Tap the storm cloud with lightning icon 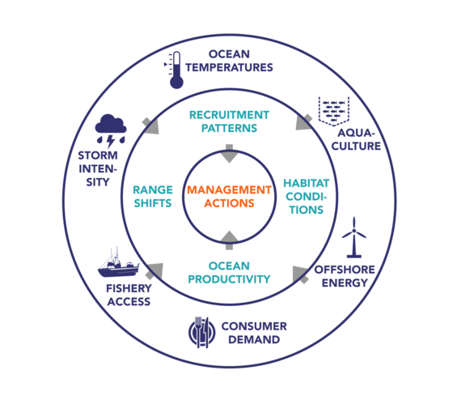(x=111, y=130)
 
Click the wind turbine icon (x=354, y=237)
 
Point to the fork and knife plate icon (x=202, y=332)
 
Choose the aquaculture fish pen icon (x=334, y=112)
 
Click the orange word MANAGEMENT (x=229, y=189)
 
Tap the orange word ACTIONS (x=229, y=203)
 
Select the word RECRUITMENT (x=229, y=115)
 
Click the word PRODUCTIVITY (x=229, y=279)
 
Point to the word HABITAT (x=307, y=183)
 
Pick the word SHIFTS (x=153, y=203)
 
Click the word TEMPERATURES (x=229, y=67)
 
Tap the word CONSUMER (x=254, y=326)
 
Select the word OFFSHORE (x=345, y=270)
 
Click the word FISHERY (x=129, y=288)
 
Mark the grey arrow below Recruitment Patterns (x=229, y=154)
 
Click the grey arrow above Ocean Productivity (x=229, y=240)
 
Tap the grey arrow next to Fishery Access (x=154, y=271)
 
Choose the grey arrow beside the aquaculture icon (x=304, y=122)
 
